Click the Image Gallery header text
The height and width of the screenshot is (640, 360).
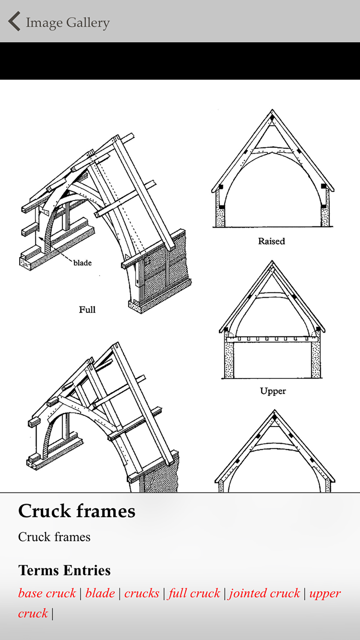click(68, 23)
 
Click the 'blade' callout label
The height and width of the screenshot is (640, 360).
click(82, 263)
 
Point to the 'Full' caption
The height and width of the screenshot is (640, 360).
click(87, 310)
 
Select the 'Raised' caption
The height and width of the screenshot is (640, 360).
click(271, 241)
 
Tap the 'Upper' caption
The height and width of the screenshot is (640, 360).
click(273, 391)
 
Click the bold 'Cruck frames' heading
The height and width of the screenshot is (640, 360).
click(77, 511)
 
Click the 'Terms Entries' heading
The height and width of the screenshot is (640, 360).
click(64, 571)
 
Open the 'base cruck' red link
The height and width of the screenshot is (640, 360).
click(47, 593)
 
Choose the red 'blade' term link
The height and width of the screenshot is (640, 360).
click(100, 593)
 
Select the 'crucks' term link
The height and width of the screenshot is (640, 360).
click(141, 593)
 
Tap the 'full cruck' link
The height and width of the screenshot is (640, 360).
click(194, 593)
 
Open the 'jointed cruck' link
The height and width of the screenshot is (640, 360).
click(264, 593)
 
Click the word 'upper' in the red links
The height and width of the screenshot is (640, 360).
click(325, 593)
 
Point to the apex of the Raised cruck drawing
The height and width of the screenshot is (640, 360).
click(272, 111)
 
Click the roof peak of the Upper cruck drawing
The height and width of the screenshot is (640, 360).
click(272, 262)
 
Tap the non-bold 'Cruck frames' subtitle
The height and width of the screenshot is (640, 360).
click(54, 537)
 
